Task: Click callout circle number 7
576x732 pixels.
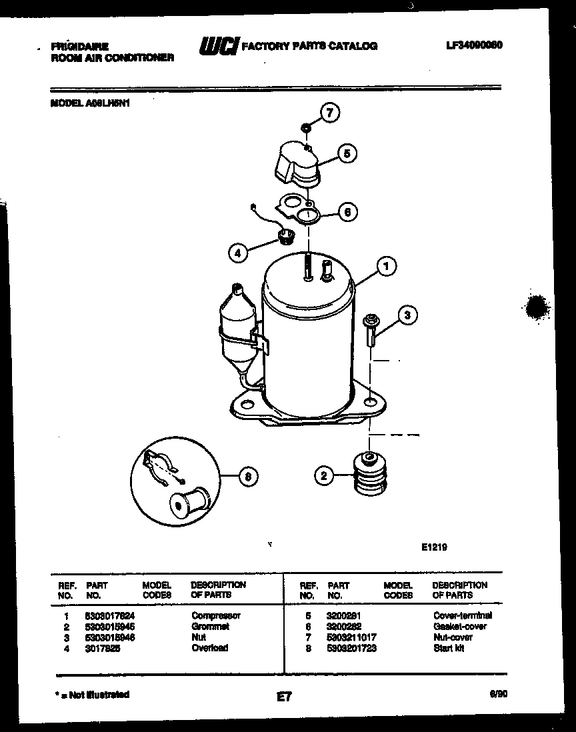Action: [x=329, y=113]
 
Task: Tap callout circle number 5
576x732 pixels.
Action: [x=346, y=154]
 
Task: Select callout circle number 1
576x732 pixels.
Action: [x=385, y=267]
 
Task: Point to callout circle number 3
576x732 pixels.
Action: [x=408, y=315]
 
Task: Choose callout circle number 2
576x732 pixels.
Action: [x=324, y=475]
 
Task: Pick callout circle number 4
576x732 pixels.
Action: [x=237, y=252]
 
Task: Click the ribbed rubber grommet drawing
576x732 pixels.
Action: [x=368, y=475]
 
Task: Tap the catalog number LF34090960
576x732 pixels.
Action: [x=474, y=45]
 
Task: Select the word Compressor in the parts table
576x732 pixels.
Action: [x=215, y=616]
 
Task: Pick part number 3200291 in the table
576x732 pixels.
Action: [x=343, y=616]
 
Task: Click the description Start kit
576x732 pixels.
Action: [x=448, y=648]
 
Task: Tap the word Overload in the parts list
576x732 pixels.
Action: [x=209, y=648]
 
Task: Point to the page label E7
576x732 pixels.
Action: [x=284, y=697]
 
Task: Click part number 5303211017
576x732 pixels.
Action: [x=352, y=637]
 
